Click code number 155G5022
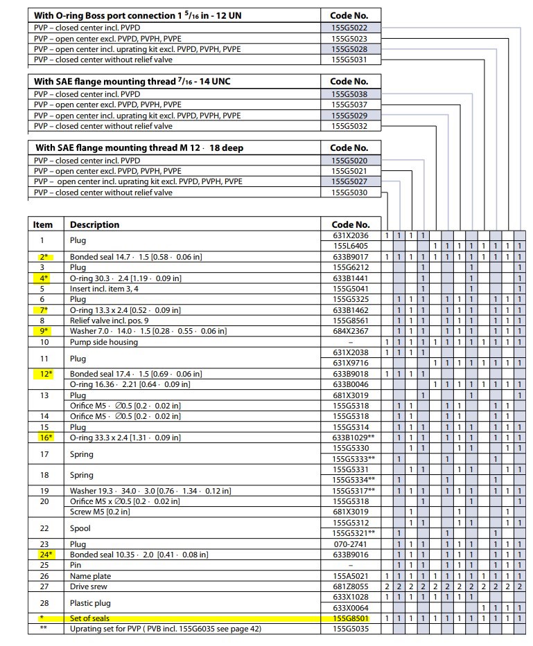pyautogui.click(x=349, y=28)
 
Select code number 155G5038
pyautogui.click(x=349, y=93)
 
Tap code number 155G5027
pyautogui.click(x=349, y=181)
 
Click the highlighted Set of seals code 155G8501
pyautogui.click(x=349, y=618)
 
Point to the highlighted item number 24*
pyautogui.click(x=44, y=555)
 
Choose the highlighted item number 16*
pyautogui.click(x=44, y=437)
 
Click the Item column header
pyautogui.click(x=43, y=225)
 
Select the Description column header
pyautogui.click(x=95, y=225)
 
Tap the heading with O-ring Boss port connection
pyautogui.click(x=137, y=15)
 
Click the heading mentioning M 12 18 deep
pyautogui.click(x=139, y=147)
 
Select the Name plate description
pyautogui.click(x=91, y=576)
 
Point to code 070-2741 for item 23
pyautogui.click(x=349, y=544)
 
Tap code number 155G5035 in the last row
pyautogui.click(x=349, y=629)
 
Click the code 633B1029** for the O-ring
pyautogui.click(x=352, y=437)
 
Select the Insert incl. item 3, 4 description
pyautogui.click(x=112, y=289)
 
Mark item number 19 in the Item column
pyautogui.click(x=44, y=491)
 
